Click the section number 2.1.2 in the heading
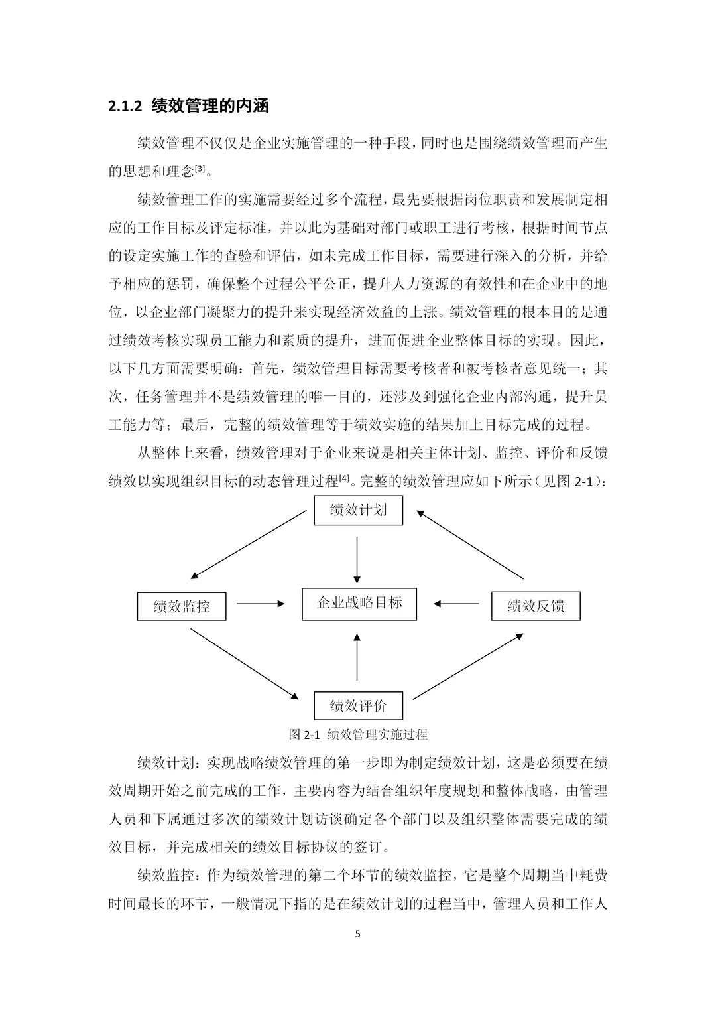[x=125, y=105]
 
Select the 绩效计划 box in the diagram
[x=358, y=510]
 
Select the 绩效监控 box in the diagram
[x=181, y=606]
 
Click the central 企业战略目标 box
[x=359, y=604]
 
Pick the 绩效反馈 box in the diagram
[x=536, y=606]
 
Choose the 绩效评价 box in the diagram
[x=358, y=705]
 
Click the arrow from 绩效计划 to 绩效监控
[x=249, y=545]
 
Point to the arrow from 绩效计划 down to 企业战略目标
[x=357, y=559]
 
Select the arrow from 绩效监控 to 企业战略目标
[x=261, y=604]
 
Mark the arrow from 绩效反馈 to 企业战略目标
[x=457, y=604]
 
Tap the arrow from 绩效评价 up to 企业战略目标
[x=357, y=656]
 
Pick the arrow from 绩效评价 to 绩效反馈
[x=468, y=665]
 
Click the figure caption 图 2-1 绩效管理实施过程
[x=358, y=734]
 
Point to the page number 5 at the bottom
[x=358, y=934]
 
